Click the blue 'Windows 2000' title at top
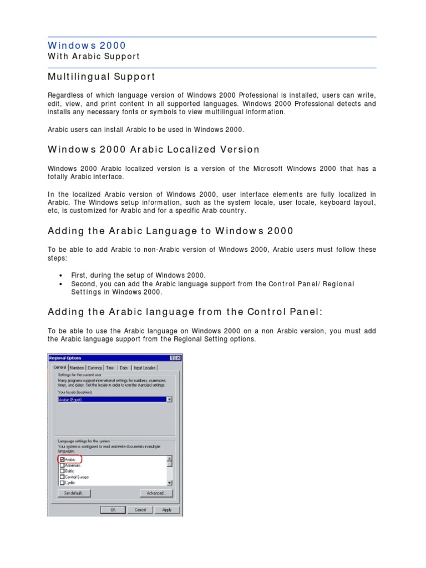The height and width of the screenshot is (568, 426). pos(87,45)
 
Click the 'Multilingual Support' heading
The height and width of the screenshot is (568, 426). pos(102,77)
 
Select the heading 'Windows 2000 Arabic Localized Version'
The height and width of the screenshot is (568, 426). pos(154,149)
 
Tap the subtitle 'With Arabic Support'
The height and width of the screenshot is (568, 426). pos(94,57)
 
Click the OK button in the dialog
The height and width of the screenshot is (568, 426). pos(113,510)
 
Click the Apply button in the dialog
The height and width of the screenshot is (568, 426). pos(167,510)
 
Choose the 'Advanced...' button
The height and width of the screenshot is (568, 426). pos(156,493)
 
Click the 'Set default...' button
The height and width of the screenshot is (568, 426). pos(74,493)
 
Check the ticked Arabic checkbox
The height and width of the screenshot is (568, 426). pos(62,460)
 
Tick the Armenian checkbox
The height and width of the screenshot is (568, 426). pos(62,465)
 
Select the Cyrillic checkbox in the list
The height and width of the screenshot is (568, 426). pos(62,483)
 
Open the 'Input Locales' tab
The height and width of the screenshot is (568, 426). pos(144,368)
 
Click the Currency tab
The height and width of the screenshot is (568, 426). pos(95,368)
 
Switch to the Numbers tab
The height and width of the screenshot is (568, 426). pos(77,368)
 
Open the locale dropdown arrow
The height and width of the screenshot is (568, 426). pos(169,399)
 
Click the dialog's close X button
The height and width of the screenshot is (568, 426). pos(179,358)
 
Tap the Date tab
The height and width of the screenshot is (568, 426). pos(124,368)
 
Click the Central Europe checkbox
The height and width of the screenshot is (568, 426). pos(62,477)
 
